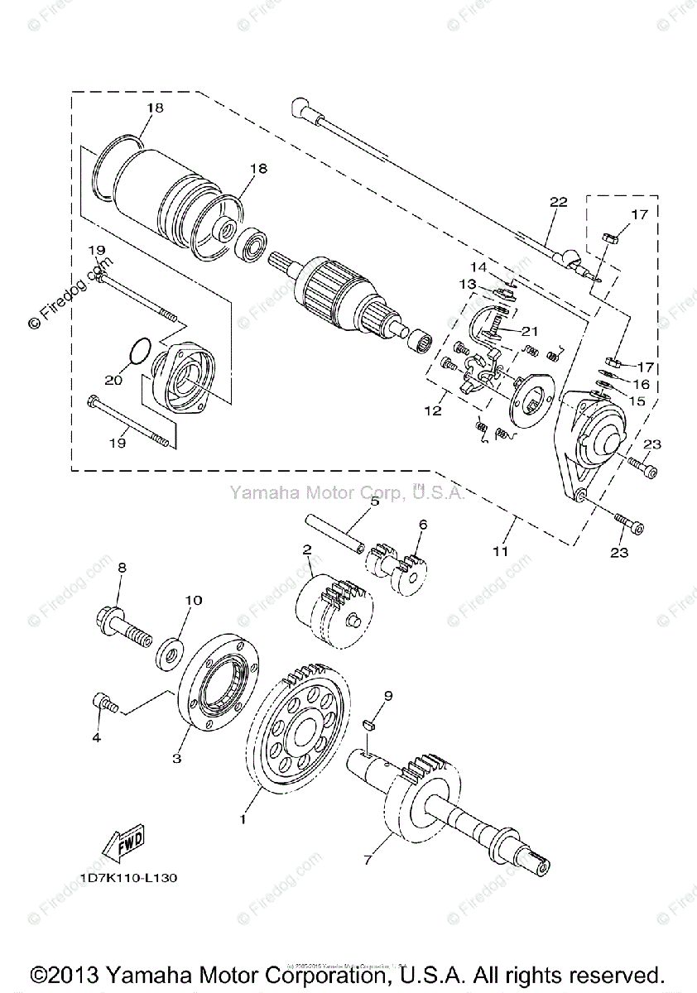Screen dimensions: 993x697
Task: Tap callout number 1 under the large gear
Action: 243,819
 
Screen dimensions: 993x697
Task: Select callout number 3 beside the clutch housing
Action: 176,757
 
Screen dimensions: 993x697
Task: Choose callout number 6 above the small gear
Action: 422,524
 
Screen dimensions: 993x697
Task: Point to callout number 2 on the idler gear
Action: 306,549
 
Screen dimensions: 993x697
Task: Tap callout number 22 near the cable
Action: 557,202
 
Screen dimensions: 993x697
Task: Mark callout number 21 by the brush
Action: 529,331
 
